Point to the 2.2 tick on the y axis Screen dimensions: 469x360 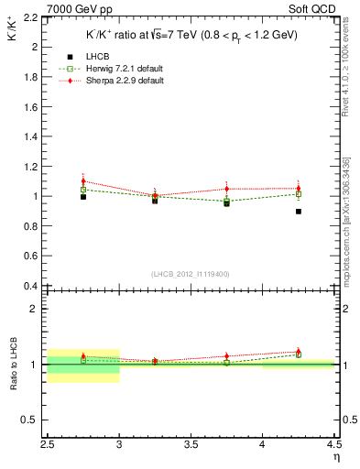point(35,16)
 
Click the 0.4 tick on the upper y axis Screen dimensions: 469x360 point(35,286)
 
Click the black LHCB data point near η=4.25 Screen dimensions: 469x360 point(299,211)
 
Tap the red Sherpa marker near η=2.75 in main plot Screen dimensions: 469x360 point(83,181)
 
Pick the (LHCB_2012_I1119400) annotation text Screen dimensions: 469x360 point(191,274)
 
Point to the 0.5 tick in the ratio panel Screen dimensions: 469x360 point(35,420)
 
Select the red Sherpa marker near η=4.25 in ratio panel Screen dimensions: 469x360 point(299,352)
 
